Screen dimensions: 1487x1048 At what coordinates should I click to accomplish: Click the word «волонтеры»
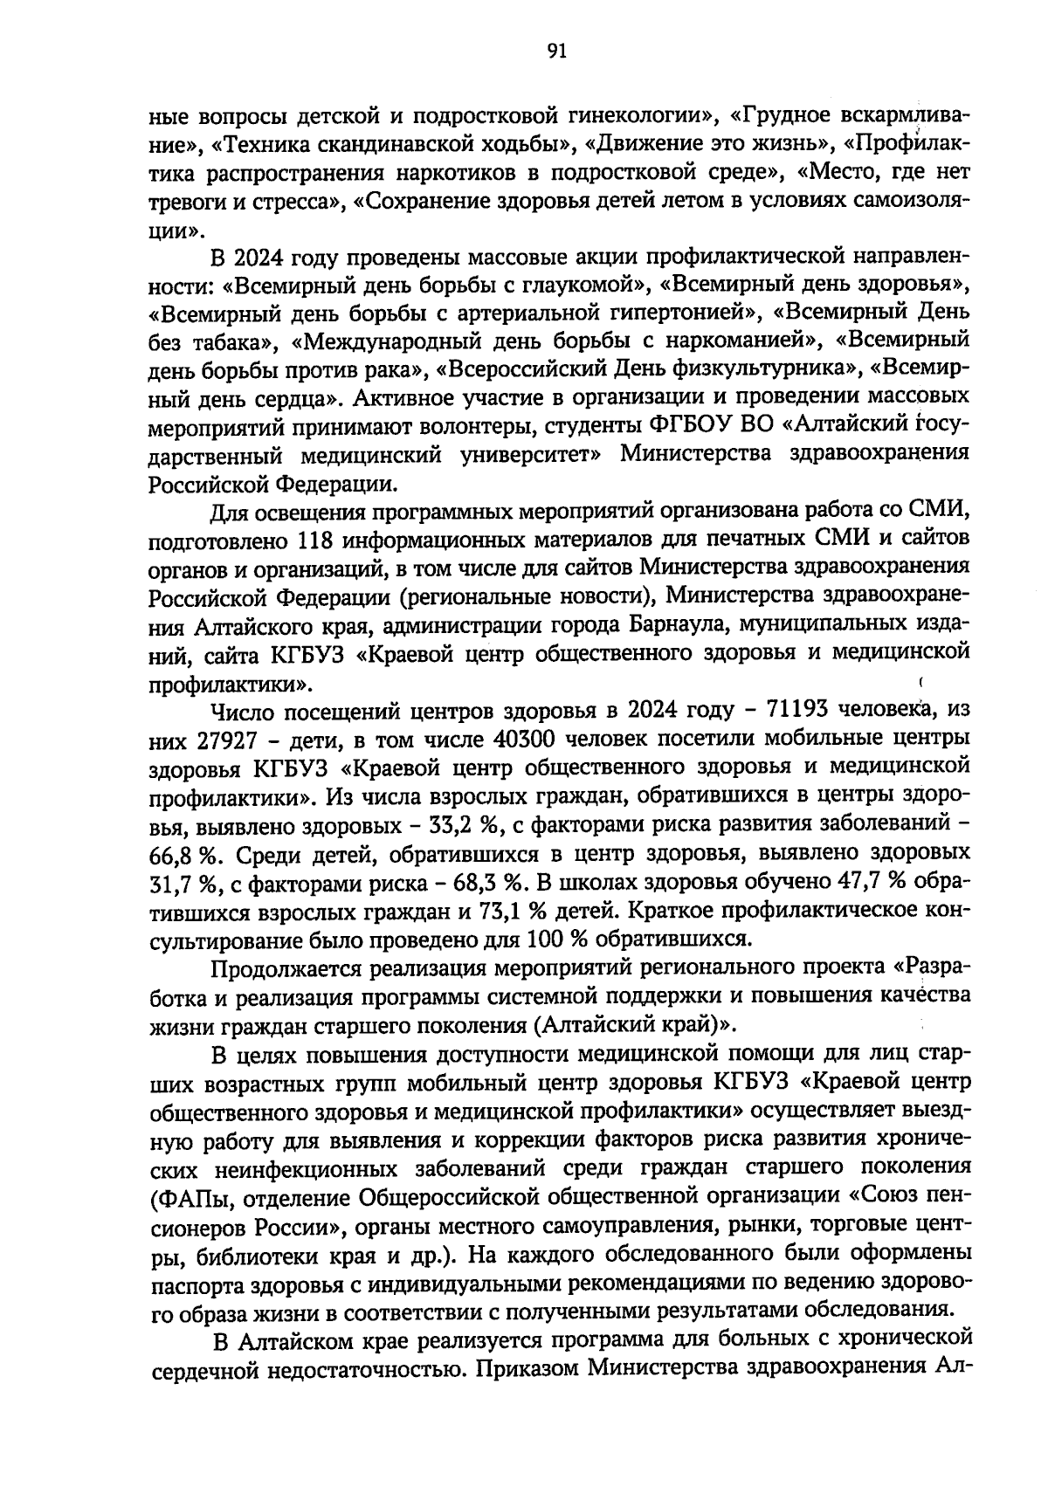(454, 426)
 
